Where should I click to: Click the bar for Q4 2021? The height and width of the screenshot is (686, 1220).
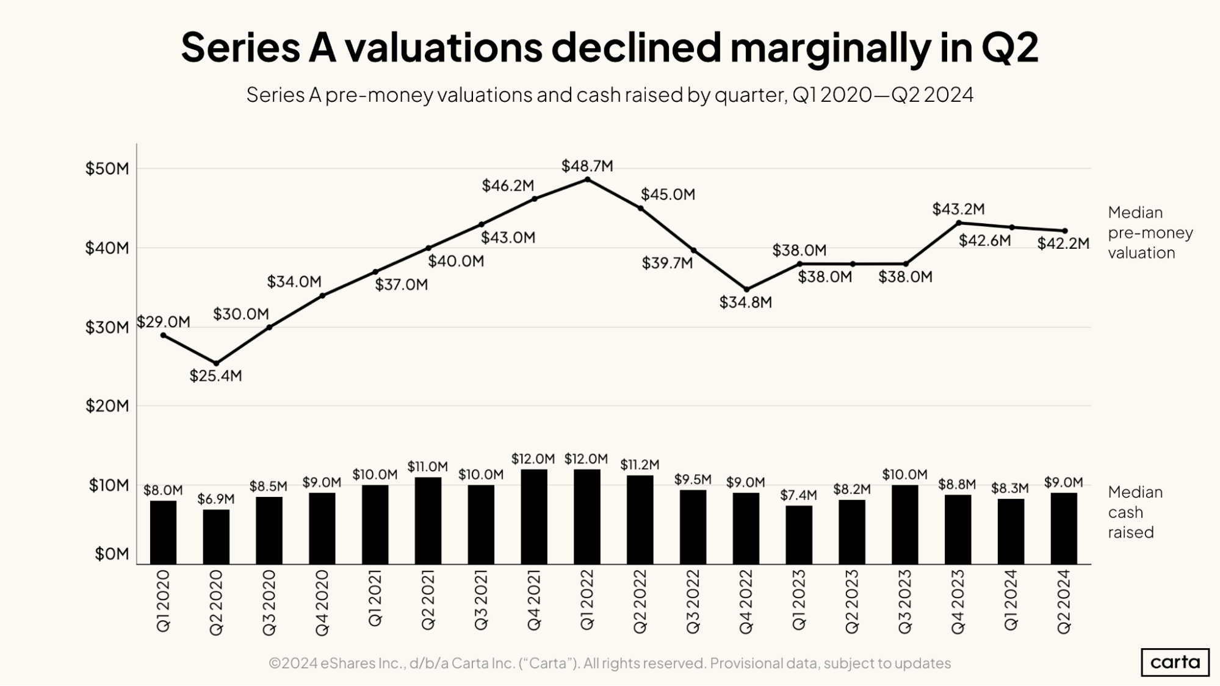(x=534, y=516)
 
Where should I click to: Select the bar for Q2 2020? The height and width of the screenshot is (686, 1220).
(x=216, y=537)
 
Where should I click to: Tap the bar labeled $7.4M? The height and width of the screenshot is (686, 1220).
(x=799, y=535)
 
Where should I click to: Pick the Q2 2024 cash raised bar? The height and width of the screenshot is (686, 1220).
(x=1064, y=528)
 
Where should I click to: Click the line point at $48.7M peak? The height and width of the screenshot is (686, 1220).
(x=587, y=179)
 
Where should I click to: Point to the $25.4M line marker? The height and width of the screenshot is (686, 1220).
(x=216, y=363)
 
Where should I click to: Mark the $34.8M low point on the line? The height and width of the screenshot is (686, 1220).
(x=746, y=290)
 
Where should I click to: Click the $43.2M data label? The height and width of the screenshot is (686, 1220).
(x=958, y=209)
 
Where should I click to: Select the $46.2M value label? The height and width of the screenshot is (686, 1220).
(x=508, y=185)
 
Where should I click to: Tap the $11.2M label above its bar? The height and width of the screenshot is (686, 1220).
(x=640, y=465)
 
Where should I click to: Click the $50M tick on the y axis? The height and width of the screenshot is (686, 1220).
(x=107, y=168)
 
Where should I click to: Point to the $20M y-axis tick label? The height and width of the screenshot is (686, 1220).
(x=107, y=406)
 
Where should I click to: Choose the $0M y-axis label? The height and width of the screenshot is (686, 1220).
(x=112, y=554)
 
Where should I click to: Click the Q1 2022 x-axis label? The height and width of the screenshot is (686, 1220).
(x=587, y=600)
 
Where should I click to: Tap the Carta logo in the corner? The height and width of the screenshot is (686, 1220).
(x=1175, y=662)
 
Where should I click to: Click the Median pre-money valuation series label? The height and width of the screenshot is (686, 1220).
(x=1150, y=232)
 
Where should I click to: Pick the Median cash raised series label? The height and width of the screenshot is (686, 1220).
(x=1135, y=512)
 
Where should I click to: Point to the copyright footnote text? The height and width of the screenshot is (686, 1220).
(x=609, y=663)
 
